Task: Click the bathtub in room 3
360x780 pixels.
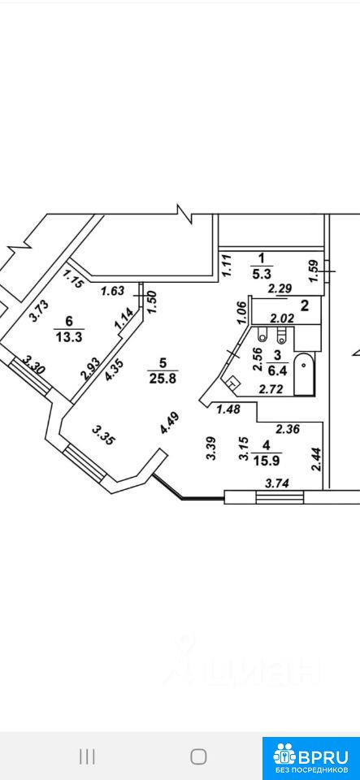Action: tap(304, 375)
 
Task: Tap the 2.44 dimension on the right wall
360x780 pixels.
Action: tap(315, 459)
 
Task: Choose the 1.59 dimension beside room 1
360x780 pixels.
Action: tap(314, 272)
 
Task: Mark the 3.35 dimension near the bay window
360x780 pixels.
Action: tap(104, 435)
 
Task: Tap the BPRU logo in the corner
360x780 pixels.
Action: tap(311, 756)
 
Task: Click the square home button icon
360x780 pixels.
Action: tap(198, 756)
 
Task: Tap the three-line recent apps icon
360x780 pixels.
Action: tap(87, 757)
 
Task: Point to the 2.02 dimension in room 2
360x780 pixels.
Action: tap(280, 318)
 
